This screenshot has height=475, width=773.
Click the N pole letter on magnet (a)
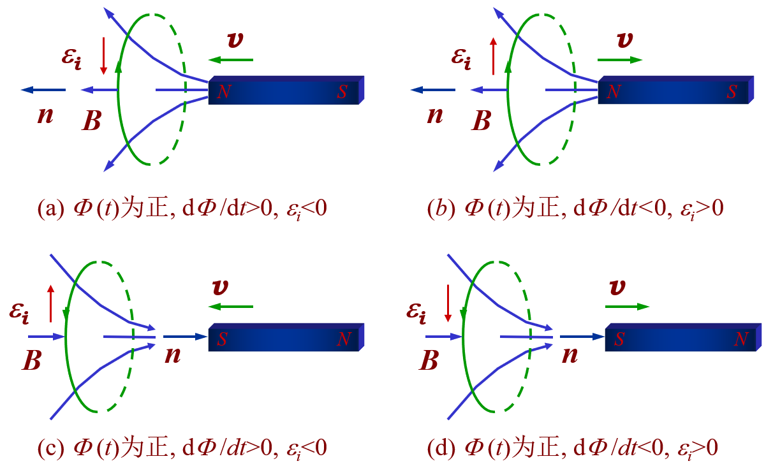coord(223,92)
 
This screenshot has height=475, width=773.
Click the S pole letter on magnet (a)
coord(342,92)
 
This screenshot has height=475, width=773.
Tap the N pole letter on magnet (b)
coord(614,92)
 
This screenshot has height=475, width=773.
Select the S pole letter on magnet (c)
coord(221,339)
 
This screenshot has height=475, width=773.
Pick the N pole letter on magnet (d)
coord(740,339)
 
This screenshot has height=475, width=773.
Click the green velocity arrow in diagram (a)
coord(231,60)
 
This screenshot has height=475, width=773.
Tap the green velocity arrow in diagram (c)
coord(231,307)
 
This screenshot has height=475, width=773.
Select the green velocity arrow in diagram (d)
coord(627,307)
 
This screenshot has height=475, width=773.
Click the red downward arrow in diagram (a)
coord(103,55)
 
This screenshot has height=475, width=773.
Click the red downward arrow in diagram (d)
coord(448,303)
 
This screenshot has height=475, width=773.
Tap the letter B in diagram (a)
coord(92,121)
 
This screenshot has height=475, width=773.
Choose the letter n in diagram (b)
coord(434,116)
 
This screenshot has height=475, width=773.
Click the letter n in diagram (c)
coord(172,354)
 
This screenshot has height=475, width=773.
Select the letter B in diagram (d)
coord(429,361)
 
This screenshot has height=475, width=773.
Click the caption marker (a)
coord(50,208)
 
